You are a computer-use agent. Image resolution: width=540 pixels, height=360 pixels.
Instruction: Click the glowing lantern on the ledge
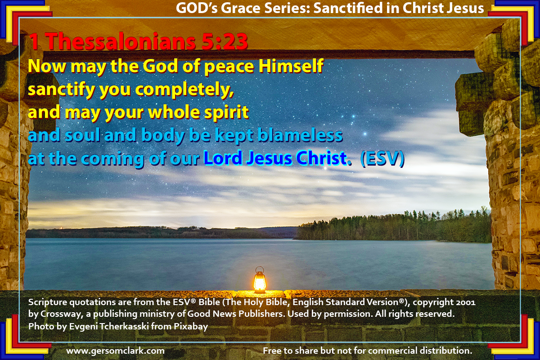point(260,280)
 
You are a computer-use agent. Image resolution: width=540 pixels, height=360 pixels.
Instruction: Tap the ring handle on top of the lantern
point(260,269)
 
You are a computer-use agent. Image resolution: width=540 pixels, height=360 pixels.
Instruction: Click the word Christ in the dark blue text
point(322,158)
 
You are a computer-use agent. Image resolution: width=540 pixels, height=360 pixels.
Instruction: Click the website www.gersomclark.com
point(115,351)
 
